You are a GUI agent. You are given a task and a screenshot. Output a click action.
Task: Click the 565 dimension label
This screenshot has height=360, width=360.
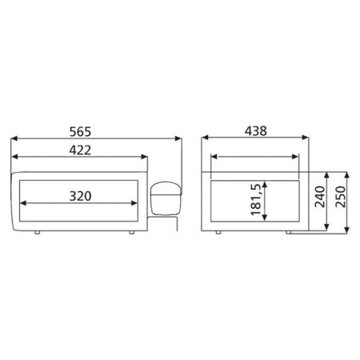(x=80, y=132)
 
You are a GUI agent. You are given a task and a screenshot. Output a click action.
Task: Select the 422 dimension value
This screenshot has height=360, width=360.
(x=80, y=150)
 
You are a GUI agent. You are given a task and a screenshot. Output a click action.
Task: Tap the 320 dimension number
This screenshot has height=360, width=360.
(x=80, y=196)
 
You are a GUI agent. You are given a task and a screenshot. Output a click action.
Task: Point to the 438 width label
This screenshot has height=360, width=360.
(x=256, y=131)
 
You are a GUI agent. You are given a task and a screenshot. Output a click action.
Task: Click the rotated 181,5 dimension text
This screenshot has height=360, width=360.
(x=256, y=199)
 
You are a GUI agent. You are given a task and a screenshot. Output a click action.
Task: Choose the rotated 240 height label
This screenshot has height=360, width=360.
(x=320, y=197)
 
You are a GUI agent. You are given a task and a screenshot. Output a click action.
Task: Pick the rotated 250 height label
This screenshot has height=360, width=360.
(x=341, y=197)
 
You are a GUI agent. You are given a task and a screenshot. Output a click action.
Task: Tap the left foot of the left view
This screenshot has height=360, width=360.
(x=38, y=233)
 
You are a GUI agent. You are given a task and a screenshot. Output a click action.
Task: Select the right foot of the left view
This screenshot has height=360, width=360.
(x=132, y=233)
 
